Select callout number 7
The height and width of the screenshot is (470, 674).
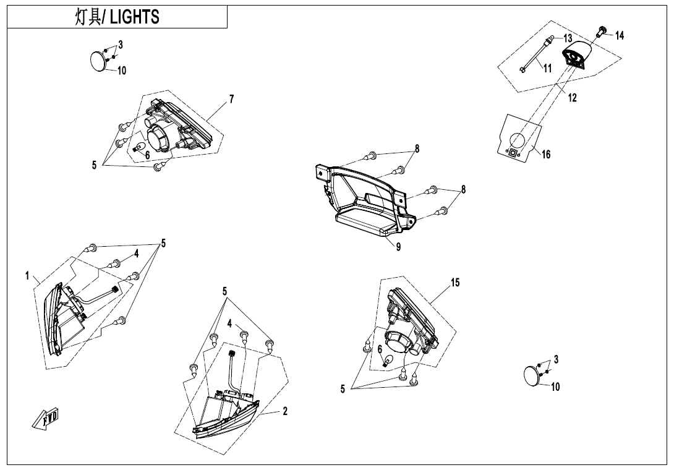(x=231, y=99)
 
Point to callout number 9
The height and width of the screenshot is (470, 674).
(x=399, y=248)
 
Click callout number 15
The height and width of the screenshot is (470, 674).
(x=455, y=283)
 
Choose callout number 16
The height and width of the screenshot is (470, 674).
(x=546, y=155)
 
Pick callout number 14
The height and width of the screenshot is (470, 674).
(x=620, y=36)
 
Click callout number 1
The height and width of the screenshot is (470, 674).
(x=27, y=276)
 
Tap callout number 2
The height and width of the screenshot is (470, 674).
(x=285, y=411)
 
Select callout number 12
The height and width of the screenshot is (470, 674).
(x=573, y=98)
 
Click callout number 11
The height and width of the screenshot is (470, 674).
(x=547, y=69)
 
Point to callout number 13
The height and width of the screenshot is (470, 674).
(x=568, y=38)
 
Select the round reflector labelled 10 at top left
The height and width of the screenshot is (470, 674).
(x=98, y=61)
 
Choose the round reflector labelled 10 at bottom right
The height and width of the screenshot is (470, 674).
(x=531, y=375)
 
